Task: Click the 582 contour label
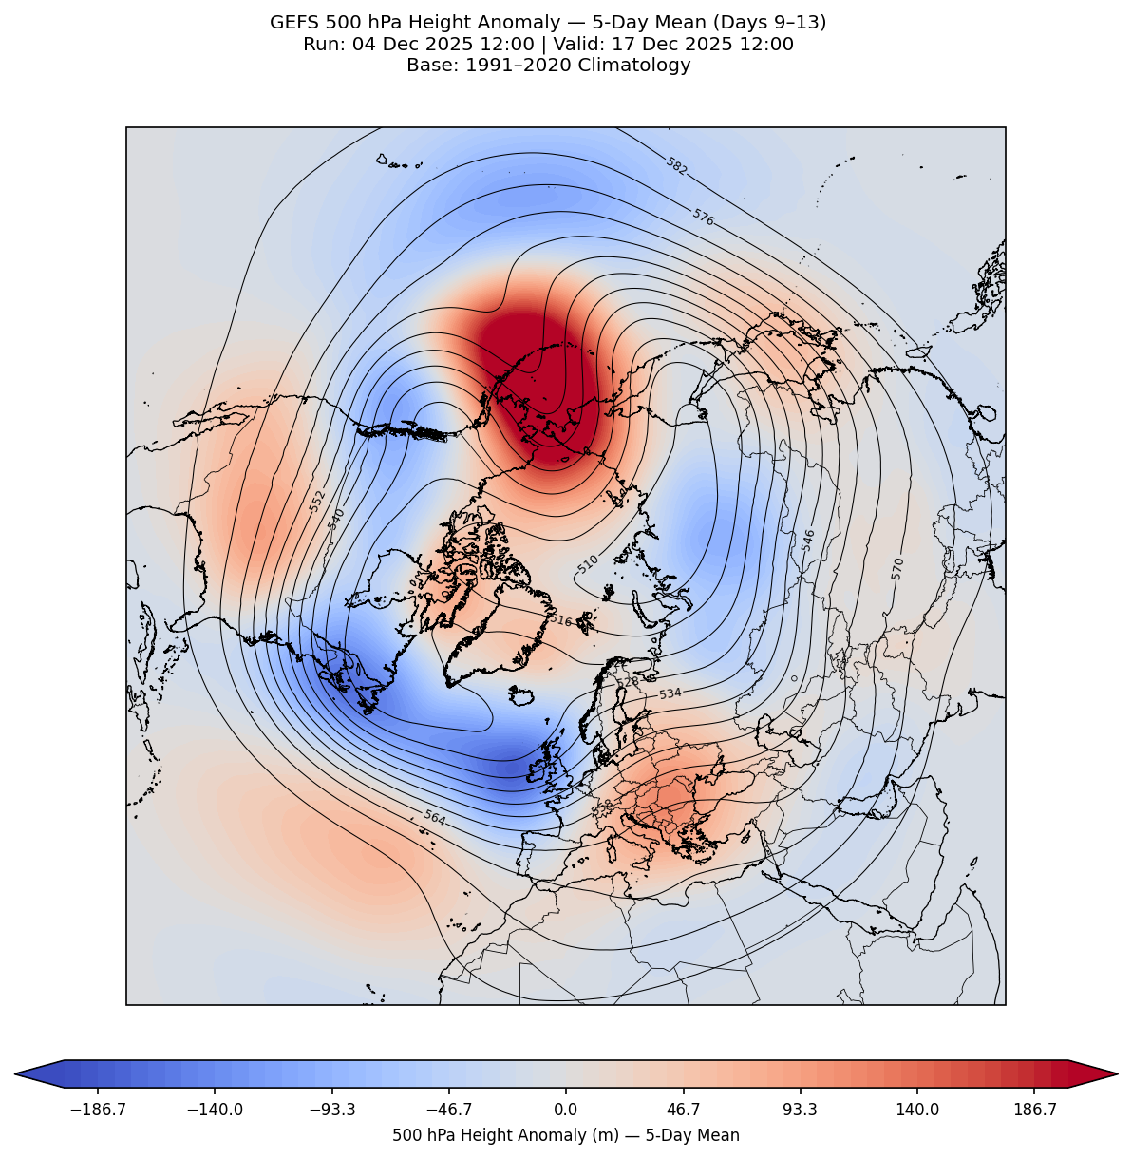[676, 166]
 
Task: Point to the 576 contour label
[703, 218]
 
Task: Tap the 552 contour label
[317, 501]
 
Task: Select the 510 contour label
[588, 564]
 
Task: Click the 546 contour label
[808, 540]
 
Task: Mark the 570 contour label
[897, 568]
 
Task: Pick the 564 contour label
[434, 817]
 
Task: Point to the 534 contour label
[670, 694]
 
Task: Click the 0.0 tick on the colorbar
[566, 1110]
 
